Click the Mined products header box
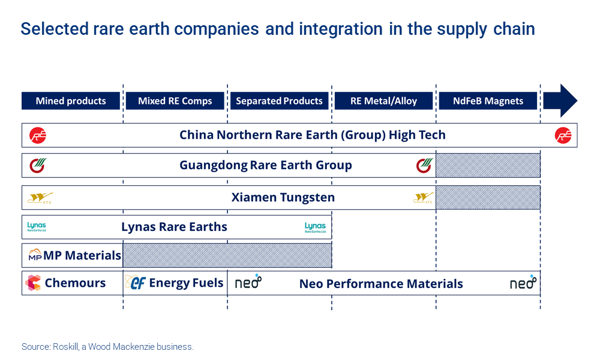71,101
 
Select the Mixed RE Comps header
175,101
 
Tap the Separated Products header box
279,101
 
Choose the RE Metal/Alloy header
383,101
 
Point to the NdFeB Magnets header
488,101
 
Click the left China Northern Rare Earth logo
38,136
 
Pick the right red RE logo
563,136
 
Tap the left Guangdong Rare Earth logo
37,165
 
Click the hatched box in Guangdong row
488,165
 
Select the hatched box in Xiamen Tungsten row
488,197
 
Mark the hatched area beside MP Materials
227,255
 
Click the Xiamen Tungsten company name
283,197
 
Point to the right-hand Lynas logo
315,227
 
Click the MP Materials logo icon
35,255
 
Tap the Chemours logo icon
33,283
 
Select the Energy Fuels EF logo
137,283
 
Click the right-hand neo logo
523,283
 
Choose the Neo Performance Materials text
381,284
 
